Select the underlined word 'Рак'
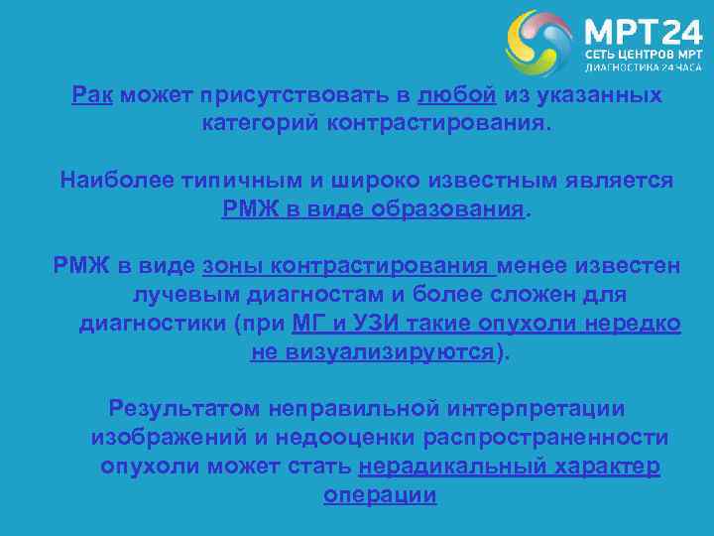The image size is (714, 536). pos(93,96)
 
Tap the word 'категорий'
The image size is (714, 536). pos(259,125)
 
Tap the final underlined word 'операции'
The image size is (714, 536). pos(380,495)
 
